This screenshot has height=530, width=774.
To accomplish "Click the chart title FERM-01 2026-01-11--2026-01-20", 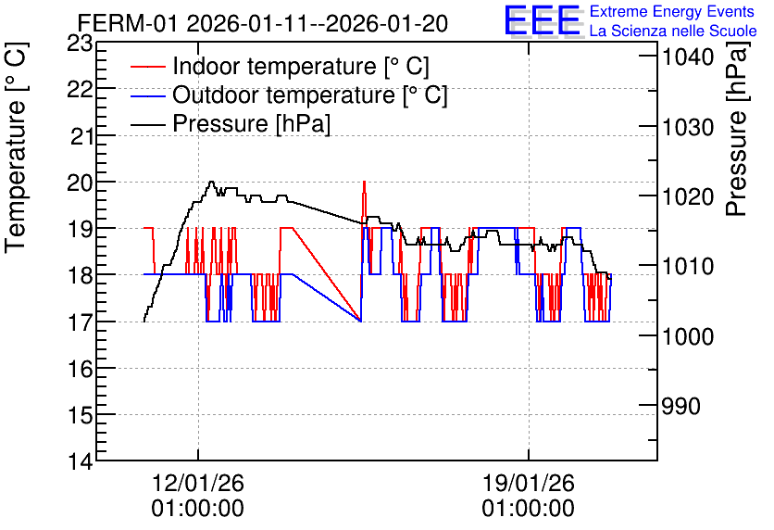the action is (x=263, y=23).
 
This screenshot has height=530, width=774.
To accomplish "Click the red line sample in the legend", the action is (x=147, y=67).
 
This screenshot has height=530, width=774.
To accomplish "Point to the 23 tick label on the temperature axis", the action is (x=80, y=44).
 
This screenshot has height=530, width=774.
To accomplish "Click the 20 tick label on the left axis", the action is (x=80, y=183).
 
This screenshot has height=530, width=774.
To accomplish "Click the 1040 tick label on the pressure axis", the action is (x=688, y=57).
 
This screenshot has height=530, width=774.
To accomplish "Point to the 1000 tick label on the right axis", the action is (x=688, y=337).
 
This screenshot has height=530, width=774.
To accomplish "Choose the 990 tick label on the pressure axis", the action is (x=681, y=407).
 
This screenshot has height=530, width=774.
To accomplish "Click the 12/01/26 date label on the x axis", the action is (x=197, y=483).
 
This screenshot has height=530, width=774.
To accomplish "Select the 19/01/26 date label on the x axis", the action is (x=528, y=483).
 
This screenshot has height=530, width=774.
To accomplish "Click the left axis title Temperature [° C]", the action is (x=16, y=148).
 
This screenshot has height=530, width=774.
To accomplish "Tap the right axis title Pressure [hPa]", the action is (x=737, y=129).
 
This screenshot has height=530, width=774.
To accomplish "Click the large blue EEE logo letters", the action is (x=543, y=20).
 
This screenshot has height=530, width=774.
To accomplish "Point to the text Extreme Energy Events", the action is (x=672, y=11).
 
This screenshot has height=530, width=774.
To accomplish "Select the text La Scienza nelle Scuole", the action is (x=673, y=32).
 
